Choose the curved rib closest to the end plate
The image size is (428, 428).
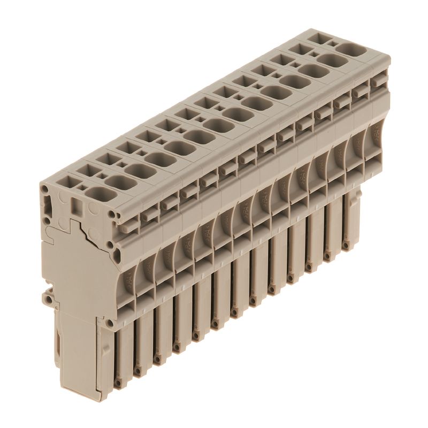[130, 278]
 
